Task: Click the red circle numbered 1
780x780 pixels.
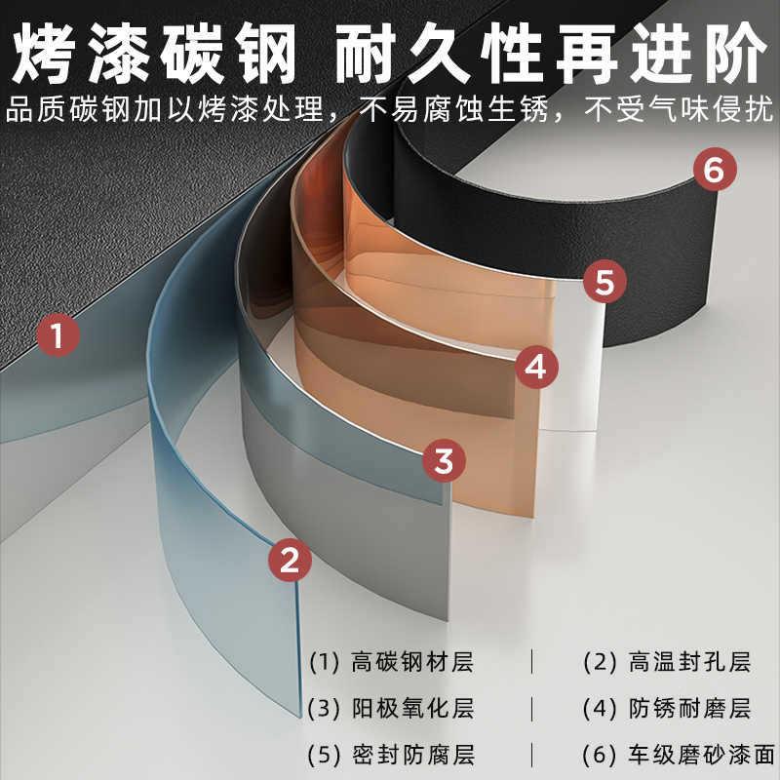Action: pos(58,336)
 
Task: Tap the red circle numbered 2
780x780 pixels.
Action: pos(290,560)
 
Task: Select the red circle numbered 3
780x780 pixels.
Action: pos(444,461)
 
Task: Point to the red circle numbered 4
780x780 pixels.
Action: pos(535,367)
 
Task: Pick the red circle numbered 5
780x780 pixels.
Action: pos(604,284)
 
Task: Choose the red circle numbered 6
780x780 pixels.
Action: pos(714,172)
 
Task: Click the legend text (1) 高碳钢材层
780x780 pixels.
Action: pos(391,663)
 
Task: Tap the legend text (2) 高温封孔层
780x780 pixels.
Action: pos(667,663)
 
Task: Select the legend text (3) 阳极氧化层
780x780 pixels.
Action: pos(391,709)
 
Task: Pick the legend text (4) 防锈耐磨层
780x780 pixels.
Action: pos(667,709)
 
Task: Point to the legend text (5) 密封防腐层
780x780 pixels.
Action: pos(391,755)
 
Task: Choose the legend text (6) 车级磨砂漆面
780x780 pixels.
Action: pos(678,755)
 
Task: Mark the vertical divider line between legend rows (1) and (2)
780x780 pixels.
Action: pos(532,663)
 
